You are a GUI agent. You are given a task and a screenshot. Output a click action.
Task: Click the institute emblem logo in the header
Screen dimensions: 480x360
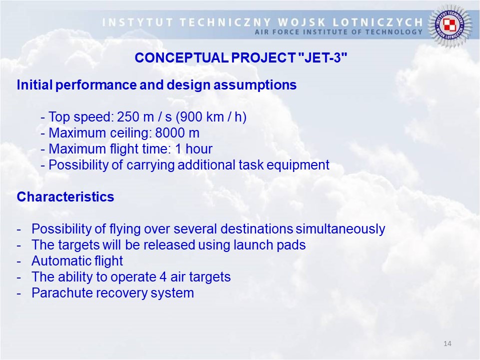pyautogui.click(x=449, y=25)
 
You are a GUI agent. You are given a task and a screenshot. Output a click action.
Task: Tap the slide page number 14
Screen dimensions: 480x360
pyautogui.click(x=447, y=343)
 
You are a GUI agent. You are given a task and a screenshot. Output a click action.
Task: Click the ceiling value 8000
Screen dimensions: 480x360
pyautogui.click(x=168, y=133)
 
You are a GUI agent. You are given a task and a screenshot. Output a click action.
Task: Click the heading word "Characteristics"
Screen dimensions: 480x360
pyautogui.click(x=65, y=197)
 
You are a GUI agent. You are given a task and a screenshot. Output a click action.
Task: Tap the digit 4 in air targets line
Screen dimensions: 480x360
pyautogui.click(x=163, y=277)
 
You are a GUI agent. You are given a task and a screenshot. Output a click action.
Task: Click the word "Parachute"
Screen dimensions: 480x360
pyautogui.click(x=62, y=293)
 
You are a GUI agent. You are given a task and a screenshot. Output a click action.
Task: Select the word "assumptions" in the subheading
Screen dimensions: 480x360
pyautogui.click(x=255, y=85)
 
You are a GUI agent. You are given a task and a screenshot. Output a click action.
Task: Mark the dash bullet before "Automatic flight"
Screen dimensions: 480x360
pyautogui.click(x=19, y=261)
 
